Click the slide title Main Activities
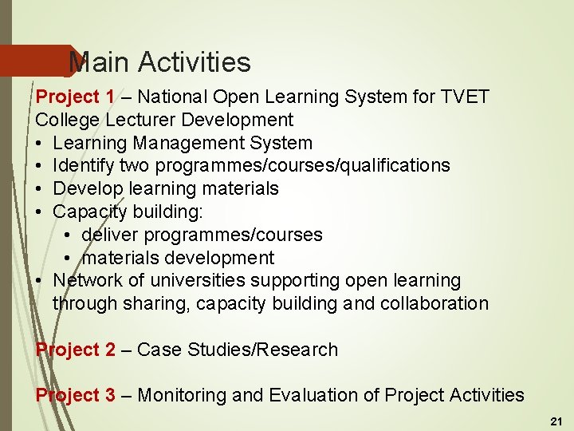(x=159, y=62)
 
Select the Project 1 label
(x=75, y=97)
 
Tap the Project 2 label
(x=75, y=350)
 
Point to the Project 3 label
(x=75, y=395)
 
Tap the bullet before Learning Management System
(x=40, y=144)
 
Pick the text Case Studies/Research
(x=238, y=350)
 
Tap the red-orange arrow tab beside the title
(x=36, y=61)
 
